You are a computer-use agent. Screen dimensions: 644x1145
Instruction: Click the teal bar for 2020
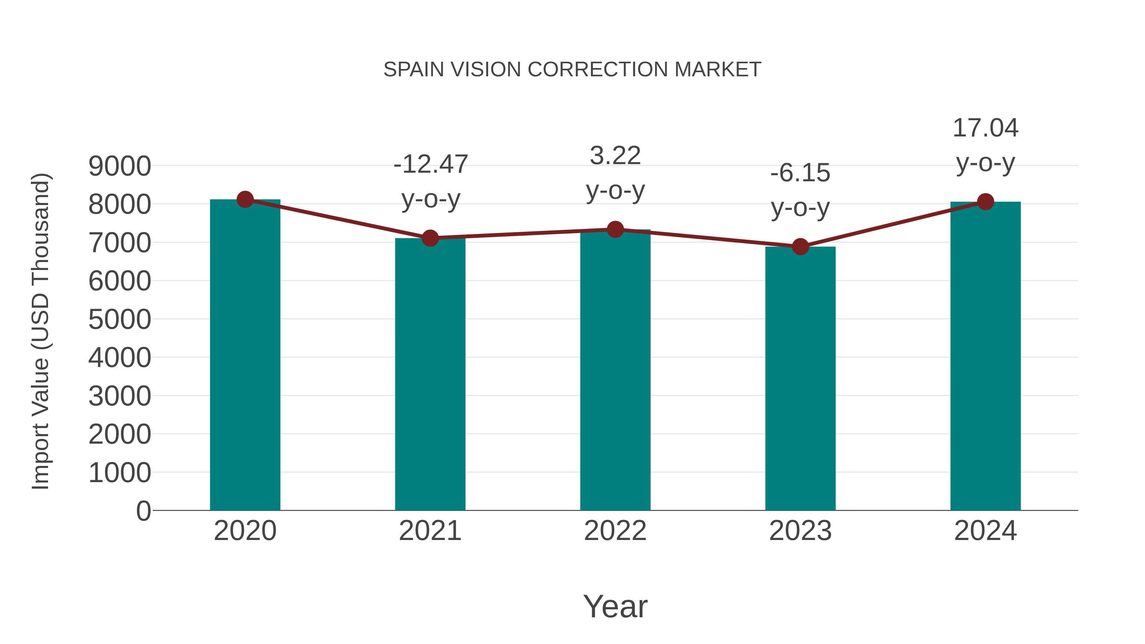(245, 356)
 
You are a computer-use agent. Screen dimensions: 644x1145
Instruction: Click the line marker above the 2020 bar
(245, 199)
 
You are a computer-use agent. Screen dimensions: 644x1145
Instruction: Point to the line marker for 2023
(800, 246)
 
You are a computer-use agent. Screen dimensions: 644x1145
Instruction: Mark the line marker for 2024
(985, 202)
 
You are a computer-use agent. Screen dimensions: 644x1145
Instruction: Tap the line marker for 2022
(615, 229)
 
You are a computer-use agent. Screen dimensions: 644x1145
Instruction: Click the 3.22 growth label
(615, 156)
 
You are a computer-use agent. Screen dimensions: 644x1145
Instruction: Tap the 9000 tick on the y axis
(120, 167)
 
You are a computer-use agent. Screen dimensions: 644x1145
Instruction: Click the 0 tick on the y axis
(143, 511)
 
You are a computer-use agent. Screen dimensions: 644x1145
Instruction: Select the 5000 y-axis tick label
(120, 320)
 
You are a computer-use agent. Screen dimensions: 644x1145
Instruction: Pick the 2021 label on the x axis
(430, 531)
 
